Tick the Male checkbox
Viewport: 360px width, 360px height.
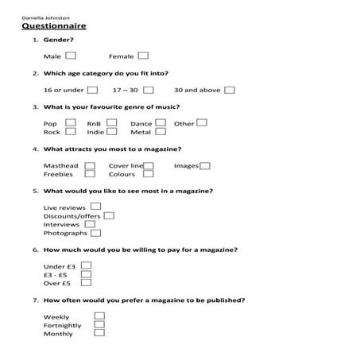[71, 56]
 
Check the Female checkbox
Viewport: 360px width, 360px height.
[143, 56]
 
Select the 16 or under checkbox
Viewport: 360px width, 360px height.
[93, 90]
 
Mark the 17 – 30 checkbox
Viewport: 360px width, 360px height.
[149, 90]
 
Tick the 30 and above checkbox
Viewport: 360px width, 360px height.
[230, 90]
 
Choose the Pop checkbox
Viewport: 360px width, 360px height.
[71, 123]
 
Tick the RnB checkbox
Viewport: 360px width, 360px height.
[112, 123]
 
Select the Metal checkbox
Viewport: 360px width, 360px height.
[160, 132]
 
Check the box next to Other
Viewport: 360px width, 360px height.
[202, 123]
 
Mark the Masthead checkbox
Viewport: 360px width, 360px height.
[89, 165]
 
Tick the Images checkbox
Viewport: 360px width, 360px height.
[205, 165]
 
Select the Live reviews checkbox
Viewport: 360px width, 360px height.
[95, 207]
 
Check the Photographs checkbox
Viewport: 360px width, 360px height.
[95, 233]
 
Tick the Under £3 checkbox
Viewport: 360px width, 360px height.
[87, 265]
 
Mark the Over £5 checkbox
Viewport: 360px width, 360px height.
[87, 282]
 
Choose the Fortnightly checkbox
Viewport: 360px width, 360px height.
[100, 324]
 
